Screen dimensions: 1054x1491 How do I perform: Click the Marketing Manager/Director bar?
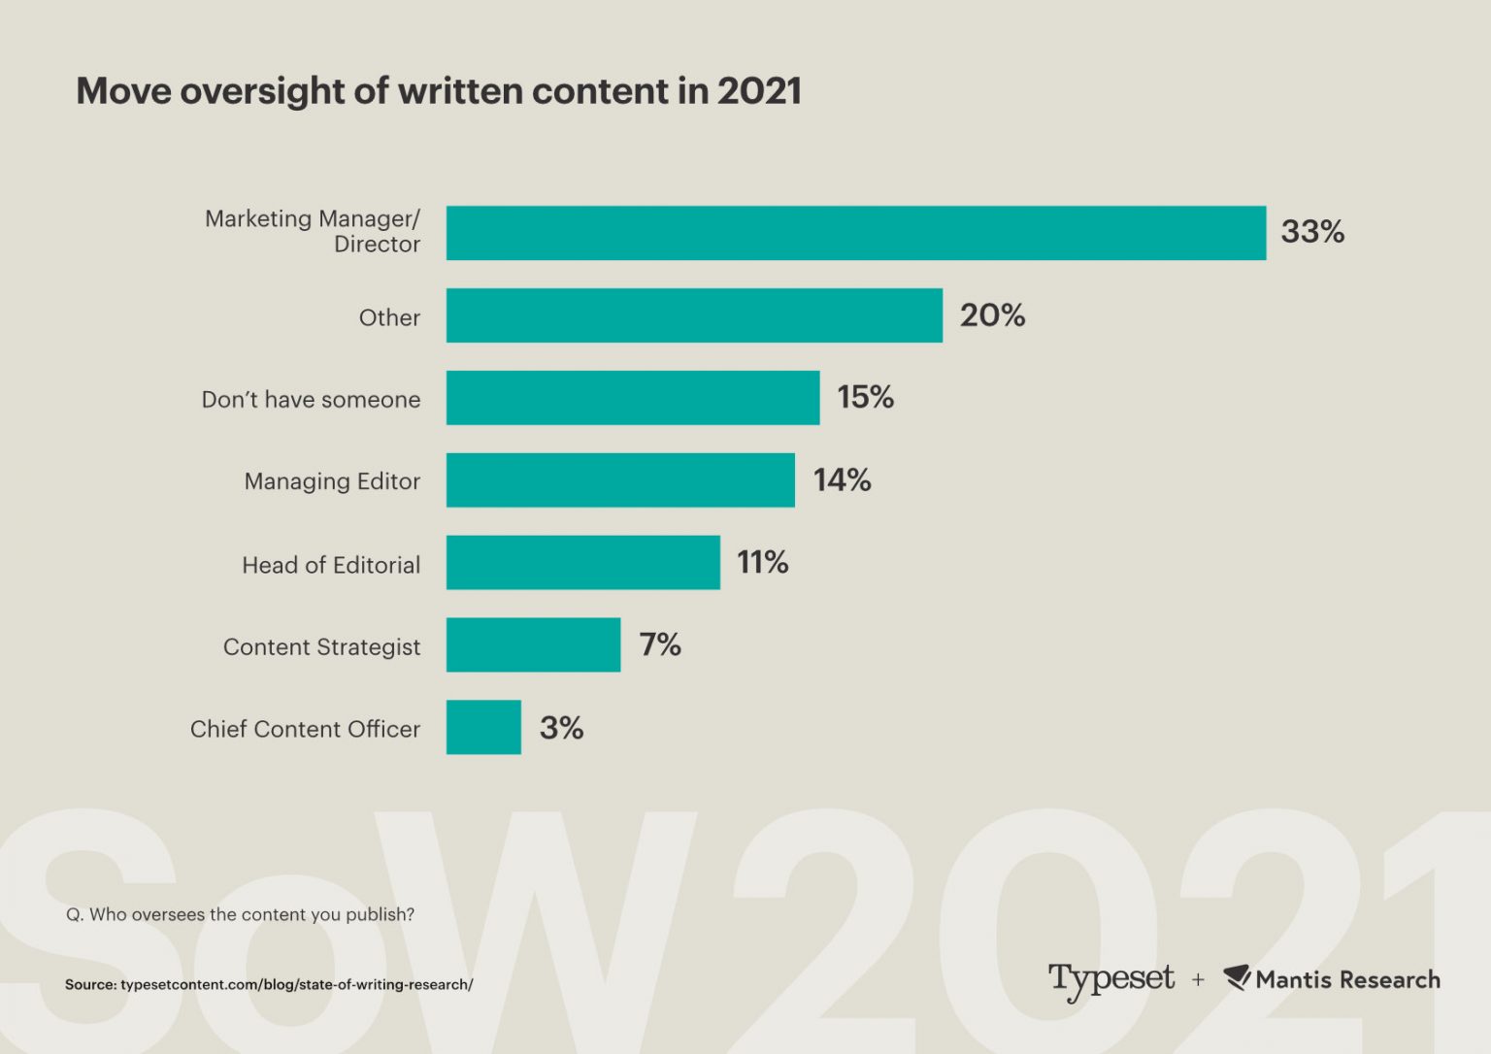[x=855, y=233]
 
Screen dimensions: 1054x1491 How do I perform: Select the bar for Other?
[x=694, y=315]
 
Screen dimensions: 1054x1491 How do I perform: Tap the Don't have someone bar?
[x=633, y=398]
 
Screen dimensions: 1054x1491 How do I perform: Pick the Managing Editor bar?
[x=620, y=480]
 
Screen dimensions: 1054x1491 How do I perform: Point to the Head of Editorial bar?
[x=583, y=563]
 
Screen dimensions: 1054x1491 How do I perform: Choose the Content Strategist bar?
[x=533, y=644]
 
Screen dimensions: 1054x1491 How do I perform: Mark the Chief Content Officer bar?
[x=483, y=727]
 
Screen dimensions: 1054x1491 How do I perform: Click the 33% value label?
[x=1312, y=232]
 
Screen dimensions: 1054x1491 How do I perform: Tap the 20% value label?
[x=992, y=315]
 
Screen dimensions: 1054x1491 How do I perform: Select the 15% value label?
[x=865, y=397]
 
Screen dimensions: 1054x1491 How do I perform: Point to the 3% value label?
[x=561, y=728]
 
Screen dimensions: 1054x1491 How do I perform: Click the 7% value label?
[x=659, y=644]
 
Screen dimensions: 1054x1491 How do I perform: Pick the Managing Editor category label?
[x=332, y=481]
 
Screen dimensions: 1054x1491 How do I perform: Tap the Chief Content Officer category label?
[x=305, y=729]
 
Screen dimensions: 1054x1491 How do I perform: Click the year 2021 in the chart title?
[x=759, y=91]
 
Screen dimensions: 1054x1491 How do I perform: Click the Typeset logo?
[x=1110, y=979]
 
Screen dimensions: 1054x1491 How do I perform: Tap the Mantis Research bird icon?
[x=1237, y=977]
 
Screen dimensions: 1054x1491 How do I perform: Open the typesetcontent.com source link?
[x=296, y=984]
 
